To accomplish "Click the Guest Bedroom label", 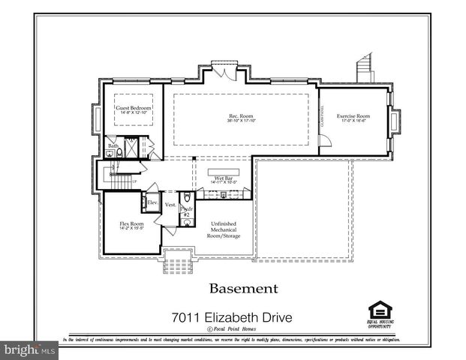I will pos(134,108).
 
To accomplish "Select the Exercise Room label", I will pos(353,116).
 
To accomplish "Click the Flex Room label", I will pos(131,223).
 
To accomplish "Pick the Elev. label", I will pos(151,202).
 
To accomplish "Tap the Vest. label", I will pos(170,204).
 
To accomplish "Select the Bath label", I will pos(113,145).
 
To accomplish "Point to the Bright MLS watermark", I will pos(30,349).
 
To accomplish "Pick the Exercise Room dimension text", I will pos(353,121).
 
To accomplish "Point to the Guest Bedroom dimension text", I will pos(134,113).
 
